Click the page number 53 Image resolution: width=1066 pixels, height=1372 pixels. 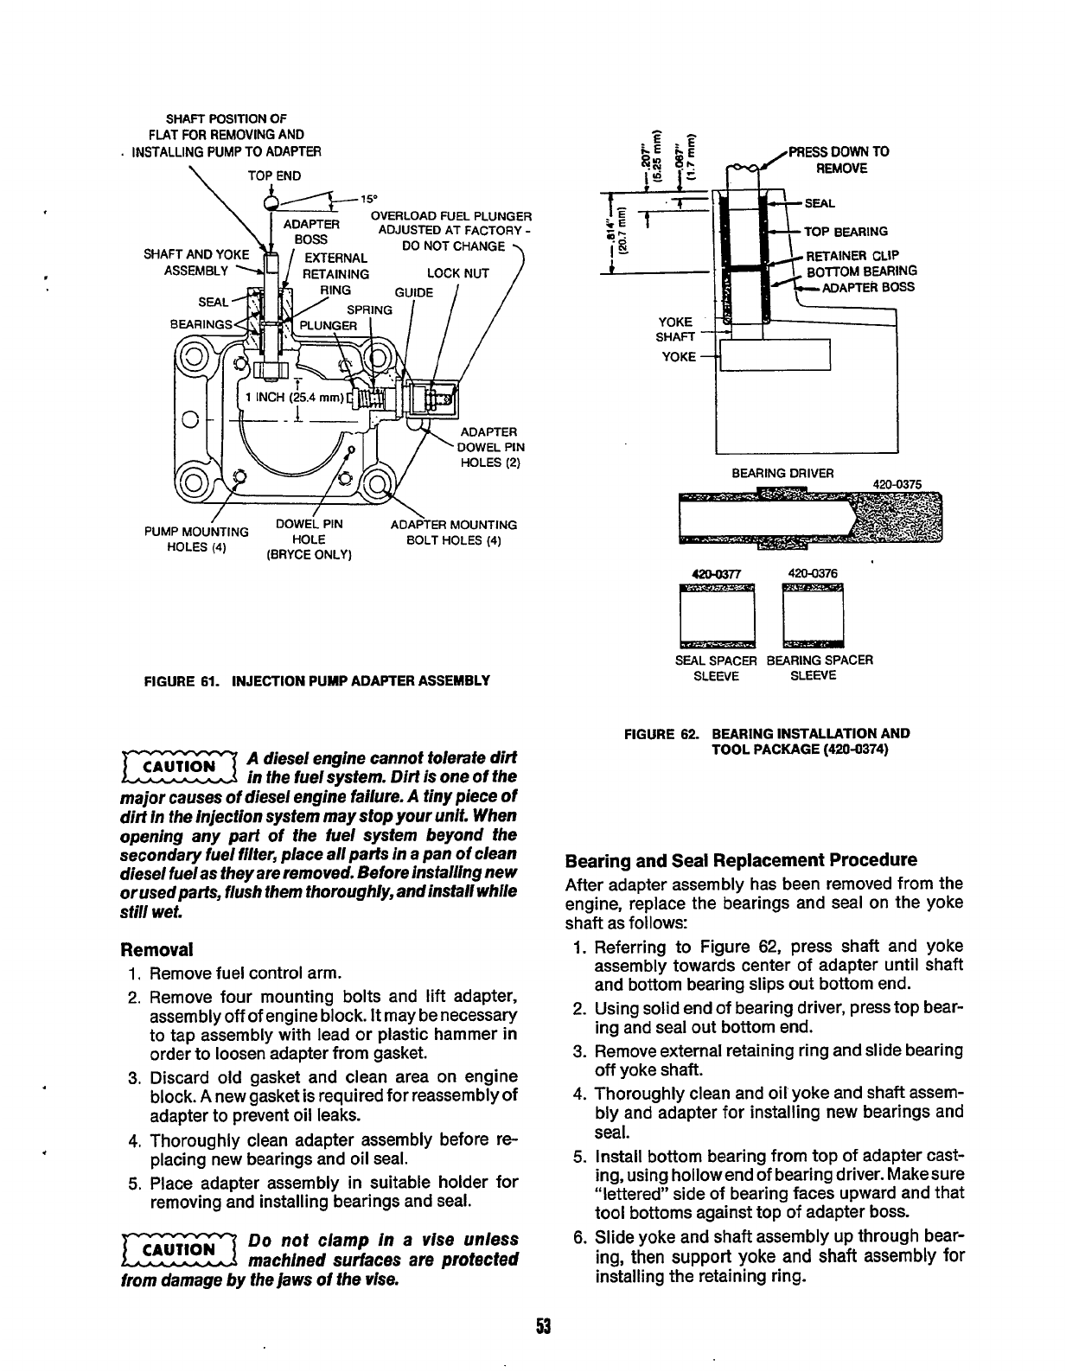point(542,1326)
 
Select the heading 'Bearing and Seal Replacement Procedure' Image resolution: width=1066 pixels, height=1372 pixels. point(740,860)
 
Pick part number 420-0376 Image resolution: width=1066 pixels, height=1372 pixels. point(813,572)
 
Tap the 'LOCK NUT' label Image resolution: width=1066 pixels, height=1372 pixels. point(457,273)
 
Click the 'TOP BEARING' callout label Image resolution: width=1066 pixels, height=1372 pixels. point(846,232)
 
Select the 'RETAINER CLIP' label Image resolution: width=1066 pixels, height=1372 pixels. point(852,255)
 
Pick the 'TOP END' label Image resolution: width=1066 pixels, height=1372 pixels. point(274,175)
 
